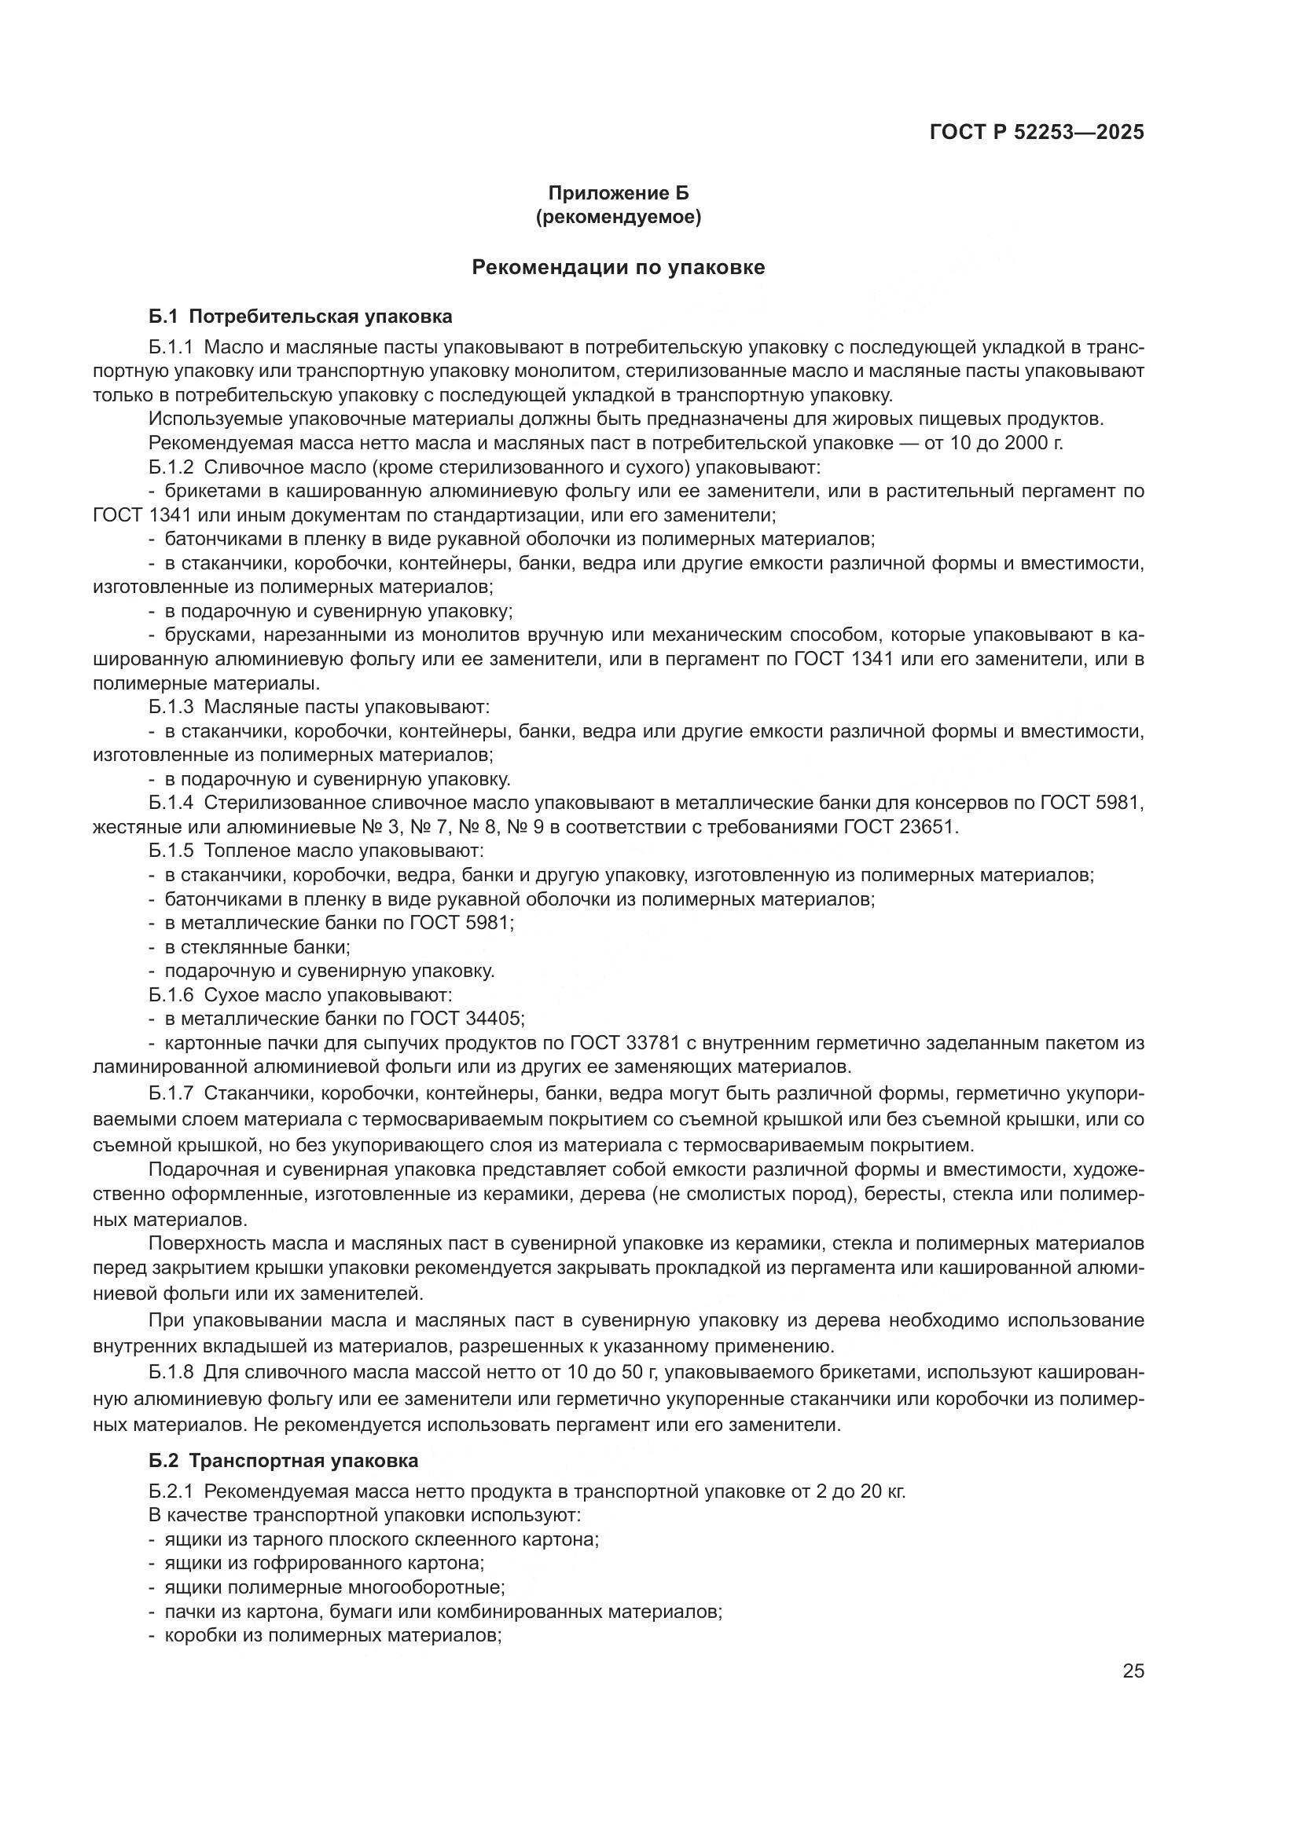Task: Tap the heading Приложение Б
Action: pyautogui.click(x=618, y=193)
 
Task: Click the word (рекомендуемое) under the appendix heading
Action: pyautogui.click(x=618, y=217)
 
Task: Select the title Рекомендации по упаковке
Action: pyautogui.click(x=618, y=267)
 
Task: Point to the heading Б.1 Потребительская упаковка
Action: pyautogui.click(x=300, y=316)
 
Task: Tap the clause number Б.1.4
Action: pyautogui.click(x=171, y=803)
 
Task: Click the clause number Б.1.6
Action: pyautogui.click(x=171, y=995)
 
